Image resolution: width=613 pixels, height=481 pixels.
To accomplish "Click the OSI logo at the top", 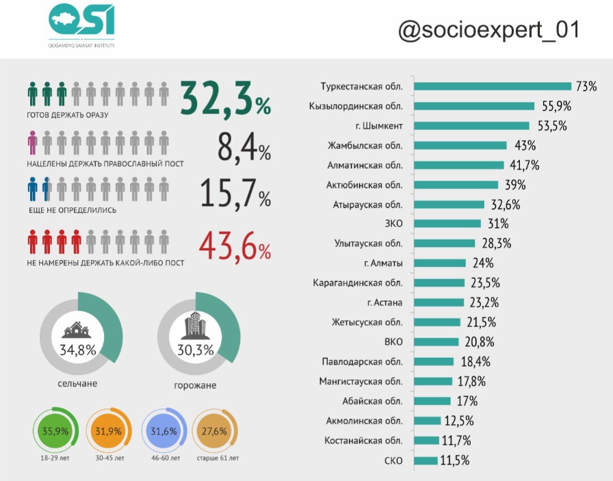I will click(x=81, y=26).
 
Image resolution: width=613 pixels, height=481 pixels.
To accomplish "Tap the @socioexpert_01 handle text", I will click(x=488, y=30).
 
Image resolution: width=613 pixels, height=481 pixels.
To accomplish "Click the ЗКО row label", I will click(x=394, y=224).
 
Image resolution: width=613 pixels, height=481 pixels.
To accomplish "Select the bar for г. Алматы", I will click(x=440, y=263).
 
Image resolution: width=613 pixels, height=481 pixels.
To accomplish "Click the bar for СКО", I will click(x=426, y=460).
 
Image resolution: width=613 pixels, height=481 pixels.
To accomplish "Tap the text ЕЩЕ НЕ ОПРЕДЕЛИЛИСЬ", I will click(x=72, y=210).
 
